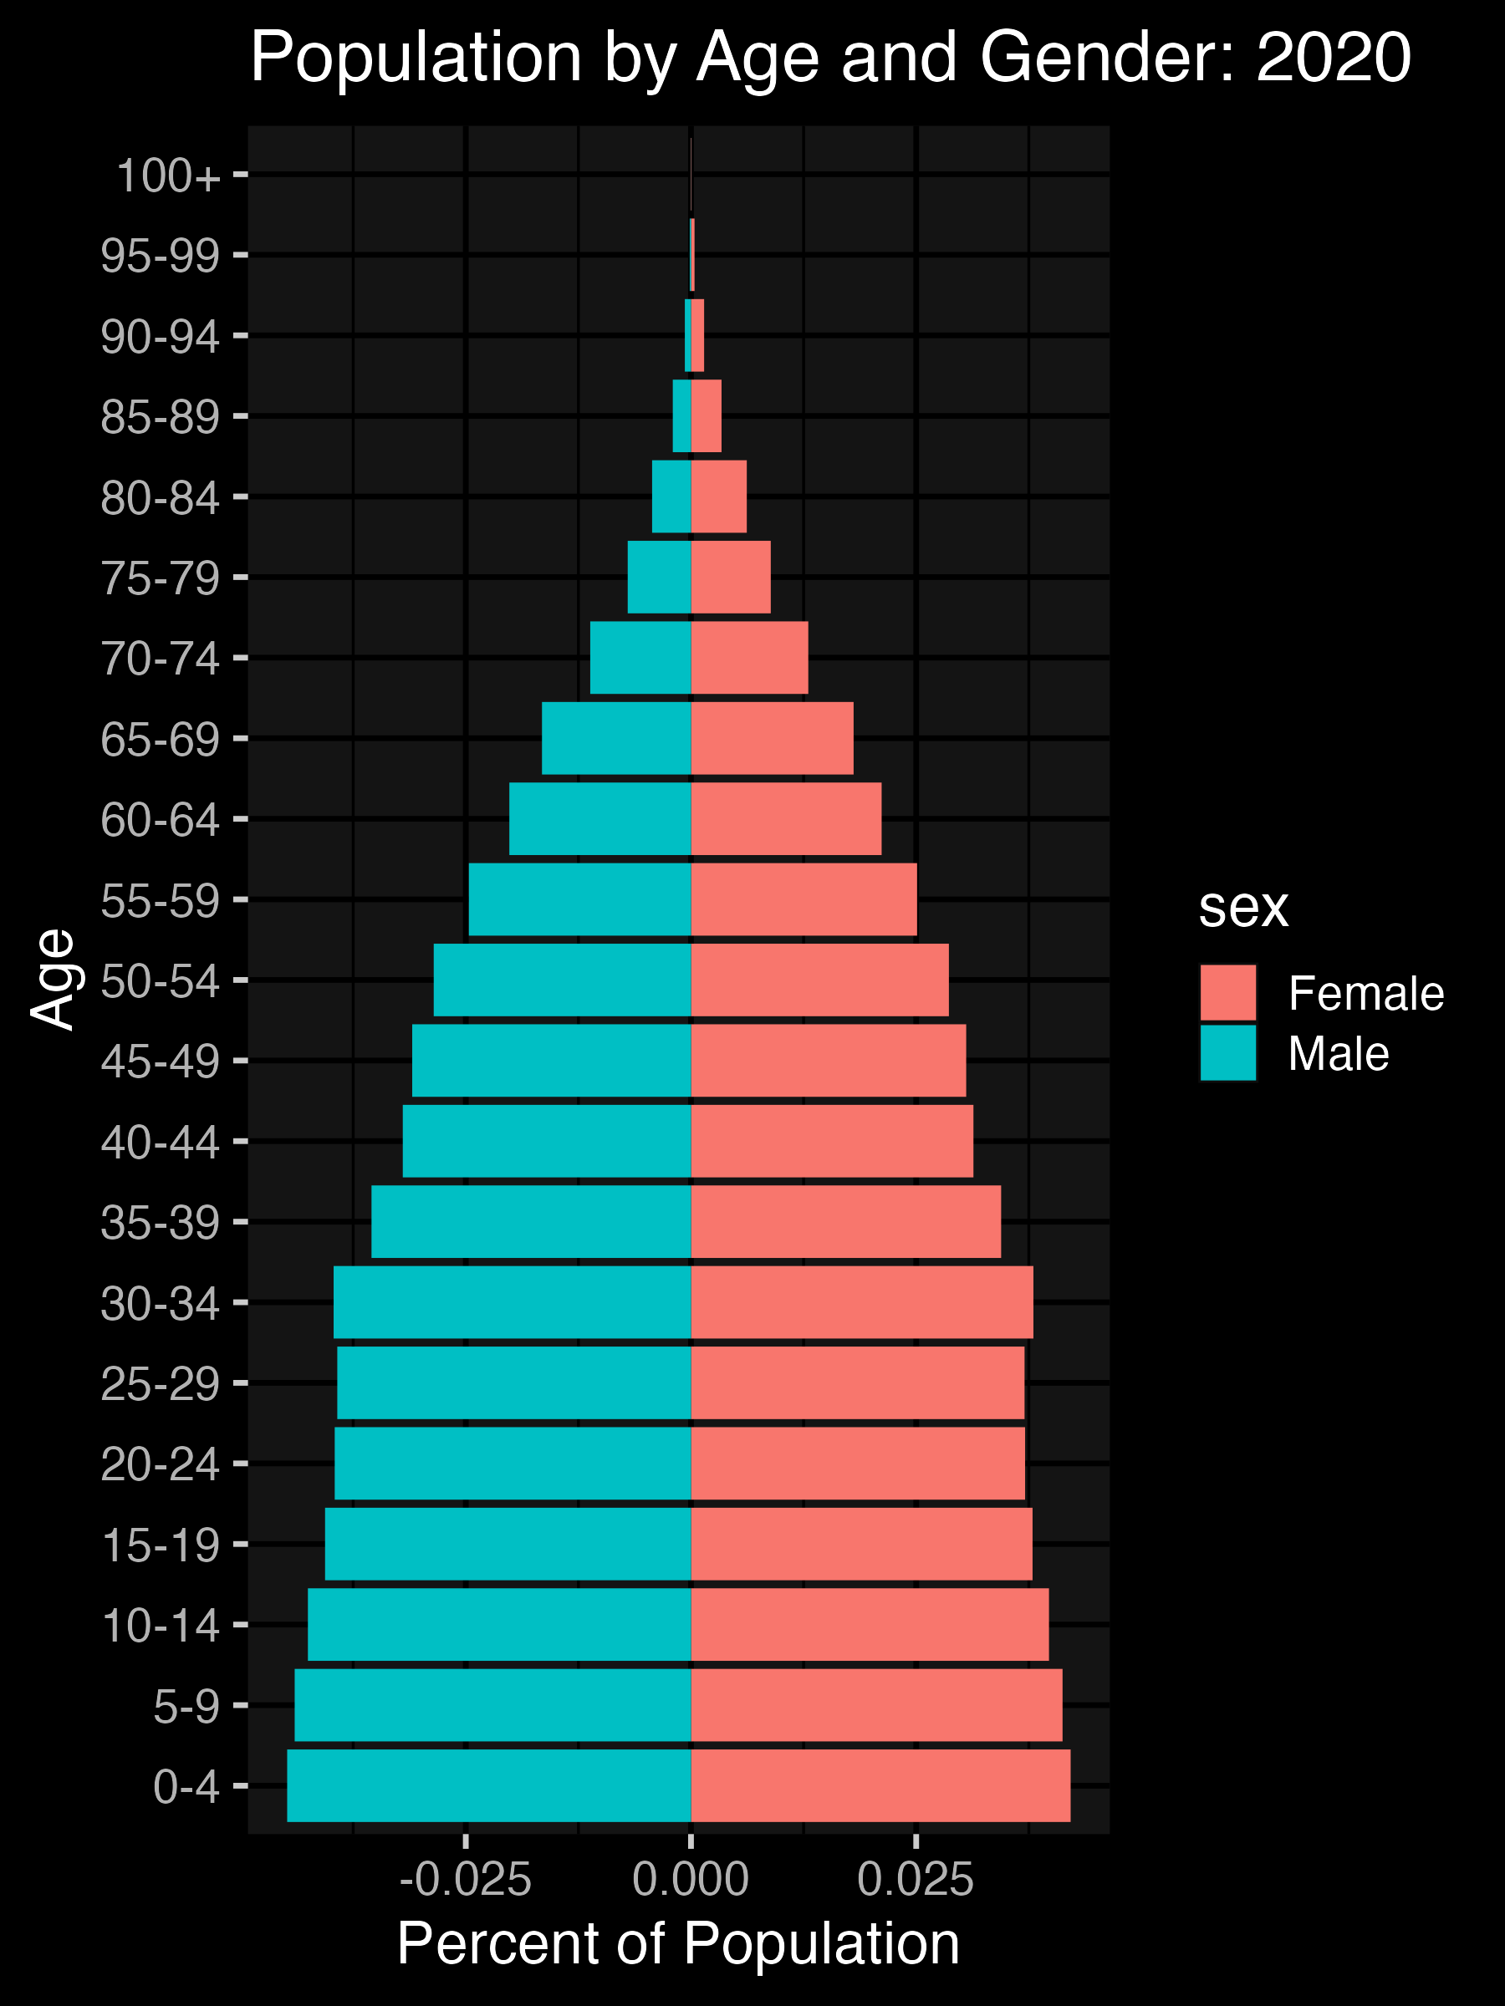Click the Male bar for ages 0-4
click(489, 1785)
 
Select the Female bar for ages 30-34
click(862, 1301)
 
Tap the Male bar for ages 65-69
click(616, 737)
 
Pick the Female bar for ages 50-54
click(820, 980)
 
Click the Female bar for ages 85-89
click(707, 415)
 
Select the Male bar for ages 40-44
click(547, 1140)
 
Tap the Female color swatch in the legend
click(1227, 993)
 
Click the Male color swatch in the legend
click(1227, 1053)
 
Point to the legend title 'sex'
click(1242, 907)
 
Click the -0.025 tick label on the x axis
click(466, 1879)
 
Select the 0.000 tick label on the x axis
click(691, 1879)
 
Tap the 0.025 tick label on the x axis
click(916, 1879)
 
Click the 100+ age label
click(169, 175)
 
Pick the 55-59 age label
click(161, 900)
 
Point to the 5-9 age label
click(186, 1706)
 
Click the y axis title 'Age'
click(52, 980)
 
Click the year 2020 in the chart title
click(1334, 57)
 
